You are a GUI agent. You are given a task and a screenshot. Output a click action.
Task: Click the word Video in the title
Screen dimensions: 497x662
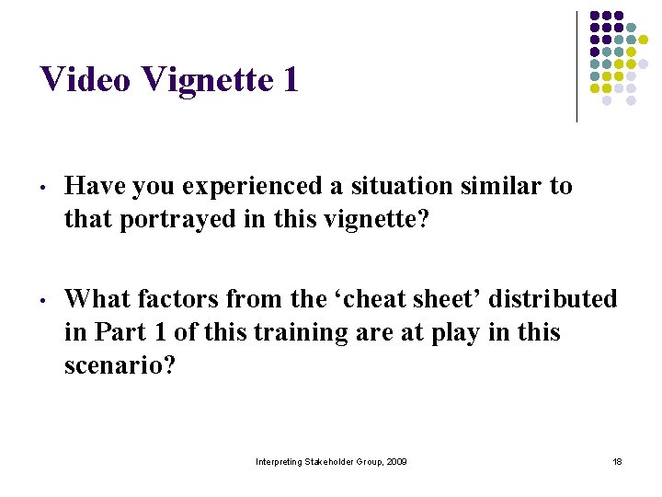(87, 80)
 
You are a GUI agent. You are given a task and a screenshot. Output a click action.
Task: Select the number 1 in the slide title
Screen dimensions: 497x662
(291, 80)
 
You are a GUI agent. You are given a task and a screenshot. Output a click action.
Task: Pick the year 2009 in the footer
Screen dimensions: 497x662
(396, 461)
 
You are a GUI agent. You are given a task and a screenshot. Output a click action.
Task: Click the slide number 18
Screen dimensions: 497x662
(617, 461)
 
